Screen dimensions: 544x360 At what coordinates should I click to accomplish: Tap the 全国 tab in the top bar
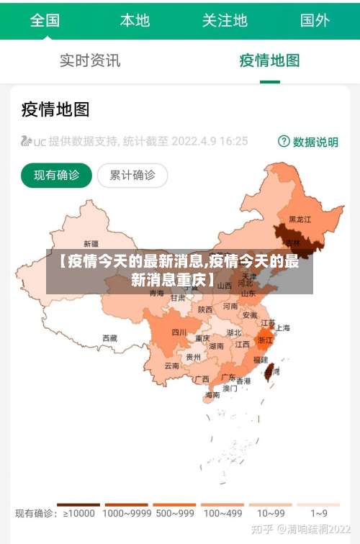coord(45,20)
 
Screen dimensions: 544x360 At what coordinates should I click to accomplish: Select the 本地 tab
coord(135,20)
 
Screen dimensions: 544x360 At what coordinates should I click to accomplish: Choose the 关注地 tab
coord(225,20)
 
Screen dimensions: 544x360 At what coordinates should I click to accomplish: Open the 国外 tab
coord(315,20)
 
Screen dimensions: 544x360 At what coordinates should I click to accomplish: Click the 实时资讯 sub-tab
coord(90,60)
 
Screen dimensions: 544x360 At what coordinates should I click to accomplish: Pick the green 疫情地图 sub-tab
coord(269,60)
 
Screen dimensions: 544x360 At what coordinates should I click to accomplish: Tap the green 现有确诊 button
coord(57,175)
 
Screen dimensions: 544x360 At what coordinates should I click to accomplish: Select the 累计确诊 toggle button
coord(132,175)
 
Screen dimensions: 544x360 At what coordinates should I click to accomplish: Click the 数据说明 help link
coord(308,142)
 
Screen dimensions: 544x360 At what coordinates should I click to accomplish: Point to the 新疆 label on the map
coord(91,243)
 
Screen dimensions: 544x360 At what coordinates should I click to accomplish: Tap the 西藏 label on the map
coord(109,337)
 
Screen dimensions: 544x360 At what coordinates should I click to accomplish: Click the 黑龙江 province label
coord(300,219)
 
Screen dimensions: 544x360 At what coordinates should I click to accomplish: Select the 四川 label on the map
coord(179,332)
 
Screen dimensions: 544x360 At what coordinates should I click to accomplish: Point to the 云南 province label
coord(171,366)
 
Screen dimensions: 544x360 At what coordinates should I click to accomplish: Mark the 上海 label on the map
coord(282,327)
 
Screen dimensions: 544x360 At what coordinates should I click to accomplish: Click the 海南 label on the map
coord(212,394)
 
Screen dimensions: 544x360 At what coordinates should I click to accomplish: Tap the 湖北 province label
coord(234,333)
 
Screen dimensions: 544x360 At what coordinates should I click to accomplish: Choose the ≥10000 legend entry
coord(78,513)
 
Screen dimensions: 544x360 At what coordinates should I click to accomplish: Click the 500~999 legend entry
coord(174,513)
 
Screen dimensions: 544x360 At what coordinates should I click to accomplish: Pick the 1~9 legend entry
coord(319,513)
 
